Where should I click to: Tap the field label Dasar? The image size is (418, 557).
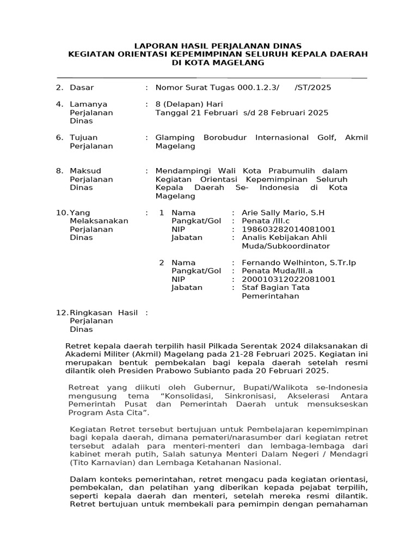click(82, 87)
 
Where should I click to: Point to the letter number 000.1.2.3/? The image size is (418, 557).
click(258, 87)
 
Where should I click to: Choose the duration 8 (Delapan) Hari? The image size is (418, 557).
click(189, 104)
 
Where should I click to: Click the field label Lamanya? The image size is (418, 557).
click(88, 104)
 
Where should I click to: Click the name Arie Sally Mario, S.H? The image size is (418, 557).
click(282, 212)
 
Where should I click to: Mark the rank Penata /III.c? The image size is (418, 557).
click(267, 221)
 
